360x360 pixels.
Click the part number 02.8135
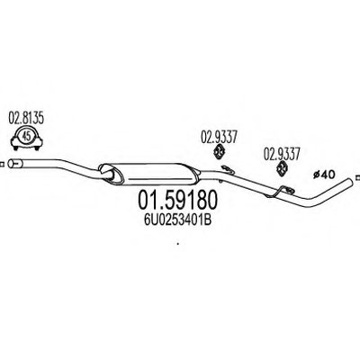coord(26,119)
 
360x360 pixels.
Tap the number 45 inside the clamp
coord(26,137)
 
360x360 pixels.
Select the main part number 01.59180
coord(177,201)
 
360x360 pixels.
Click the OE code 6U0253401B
coord(178,220)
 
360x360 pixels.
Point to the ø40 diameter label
coord(324,175)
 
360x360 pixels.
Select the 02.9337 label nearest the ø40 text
coord(282,155)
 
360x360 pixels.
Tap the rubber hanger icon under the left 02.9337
coord(220,151)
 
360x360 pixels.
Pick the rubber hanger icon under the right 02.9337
coord(282,168)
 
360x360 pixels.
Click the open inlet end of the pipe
coord(11,164)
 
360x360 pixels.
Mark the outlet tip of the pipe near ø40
coord(350,181)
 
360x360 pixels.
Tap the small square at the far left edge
coord(1,164)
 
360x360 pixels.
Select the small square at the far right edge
coord(357,177)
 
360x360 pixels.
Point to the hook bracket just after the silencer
coord(227,169)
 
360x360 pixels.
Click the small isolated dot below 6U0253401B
coord(178,244)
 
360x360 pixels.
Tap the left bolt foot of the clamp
coord(15,147)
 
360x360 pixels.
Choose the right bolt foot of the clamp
coord(37,147)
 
